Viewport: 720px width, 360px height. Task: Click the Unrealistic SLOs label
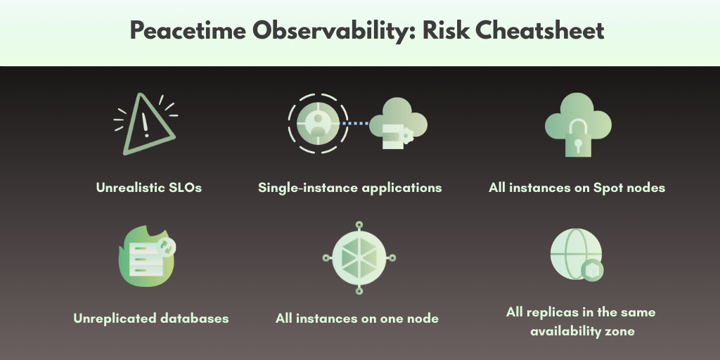pyautogui.click(x=149, y=188)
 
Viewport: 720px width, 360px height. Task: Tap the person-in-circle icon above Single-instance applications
pyautogui.click(x=318, y=124)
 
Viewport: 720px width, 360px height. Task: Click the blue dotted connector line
pyautogui.click(x=356, y=124)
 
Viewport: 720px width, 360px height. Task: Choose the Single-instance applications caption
pyautogui.click(x=349, y=188)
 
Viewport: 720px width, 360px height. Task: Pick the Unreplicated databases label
pyautogui.click(x=151, y=319)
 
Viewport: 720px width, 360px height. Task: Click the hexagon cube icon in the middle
pyautogui.click(x=358, y=257)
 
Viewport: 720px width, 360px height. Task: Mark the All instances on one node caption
pyautogui.click(x=357, y=319)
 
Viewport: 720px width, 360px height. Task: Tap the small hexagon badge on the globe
pyautogui.click(x=592, y=269)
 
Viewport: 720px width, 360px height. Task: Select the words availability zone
pyautogui.click(x=580, y=330)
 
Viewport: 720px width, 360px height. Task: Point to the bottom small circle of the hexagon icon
pyautogui.click(x=358, y=290)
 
